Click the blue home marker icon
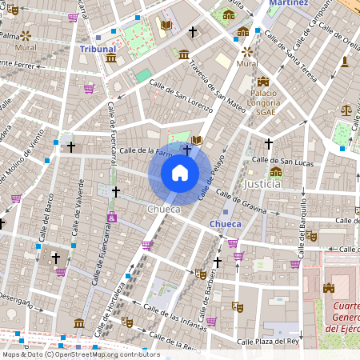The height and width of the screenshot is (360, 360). (180, 173)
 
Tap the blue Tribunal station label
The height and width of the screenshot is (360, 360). (98, 49)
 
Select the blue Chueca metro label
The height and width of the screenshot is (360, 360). (225, 224)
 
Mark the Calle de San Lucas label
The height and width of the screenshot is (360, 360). (282, 161)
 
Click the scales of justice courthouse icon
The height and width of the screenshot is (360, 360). (346, 110)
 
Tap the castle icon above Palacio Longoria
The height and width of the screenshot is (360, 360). (262, 82)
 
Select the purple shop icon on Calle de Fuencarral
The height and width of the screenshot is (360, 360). (112, 217)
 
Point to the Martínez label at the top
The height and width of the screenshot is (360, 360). (288, 3)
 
